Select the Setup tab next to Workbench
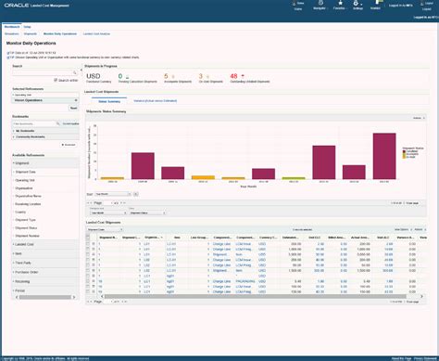[28, 28]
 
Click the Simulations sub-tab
[11, 33]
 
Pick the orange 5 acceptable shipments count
[166, 77]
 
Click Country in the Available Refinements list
[23, 211]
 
